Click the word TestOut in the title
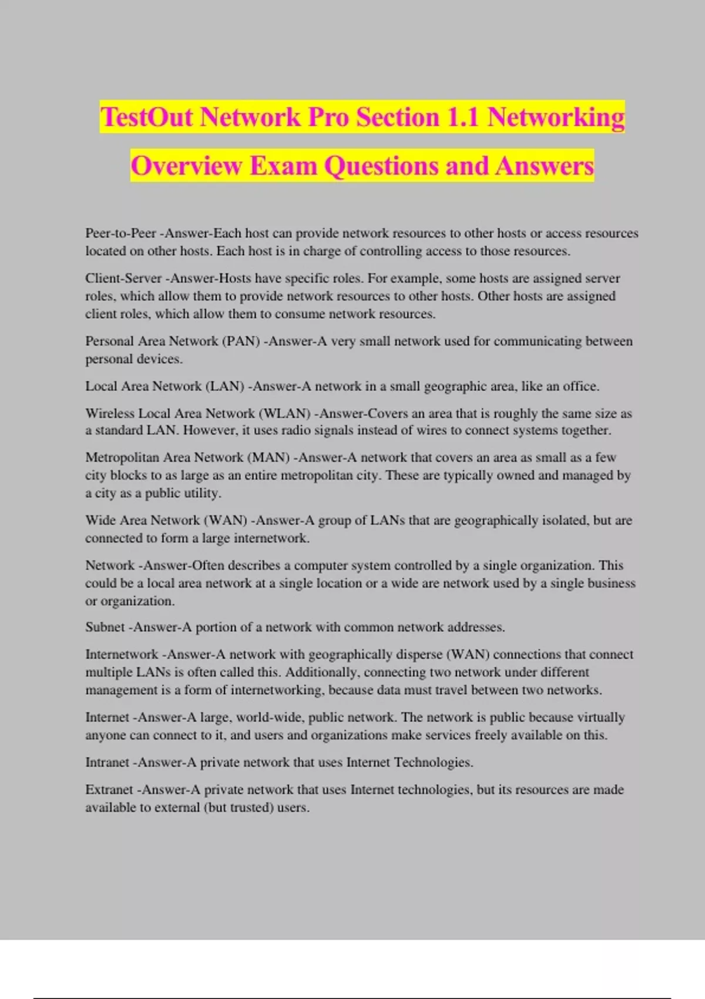point(146,117)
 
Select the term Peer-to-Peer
point(120,233)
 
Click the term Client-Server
point(123,278)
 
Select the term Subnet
point(105,627)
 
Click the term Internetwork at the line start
point(122,655)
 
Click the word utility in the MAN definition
point(202,493)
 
